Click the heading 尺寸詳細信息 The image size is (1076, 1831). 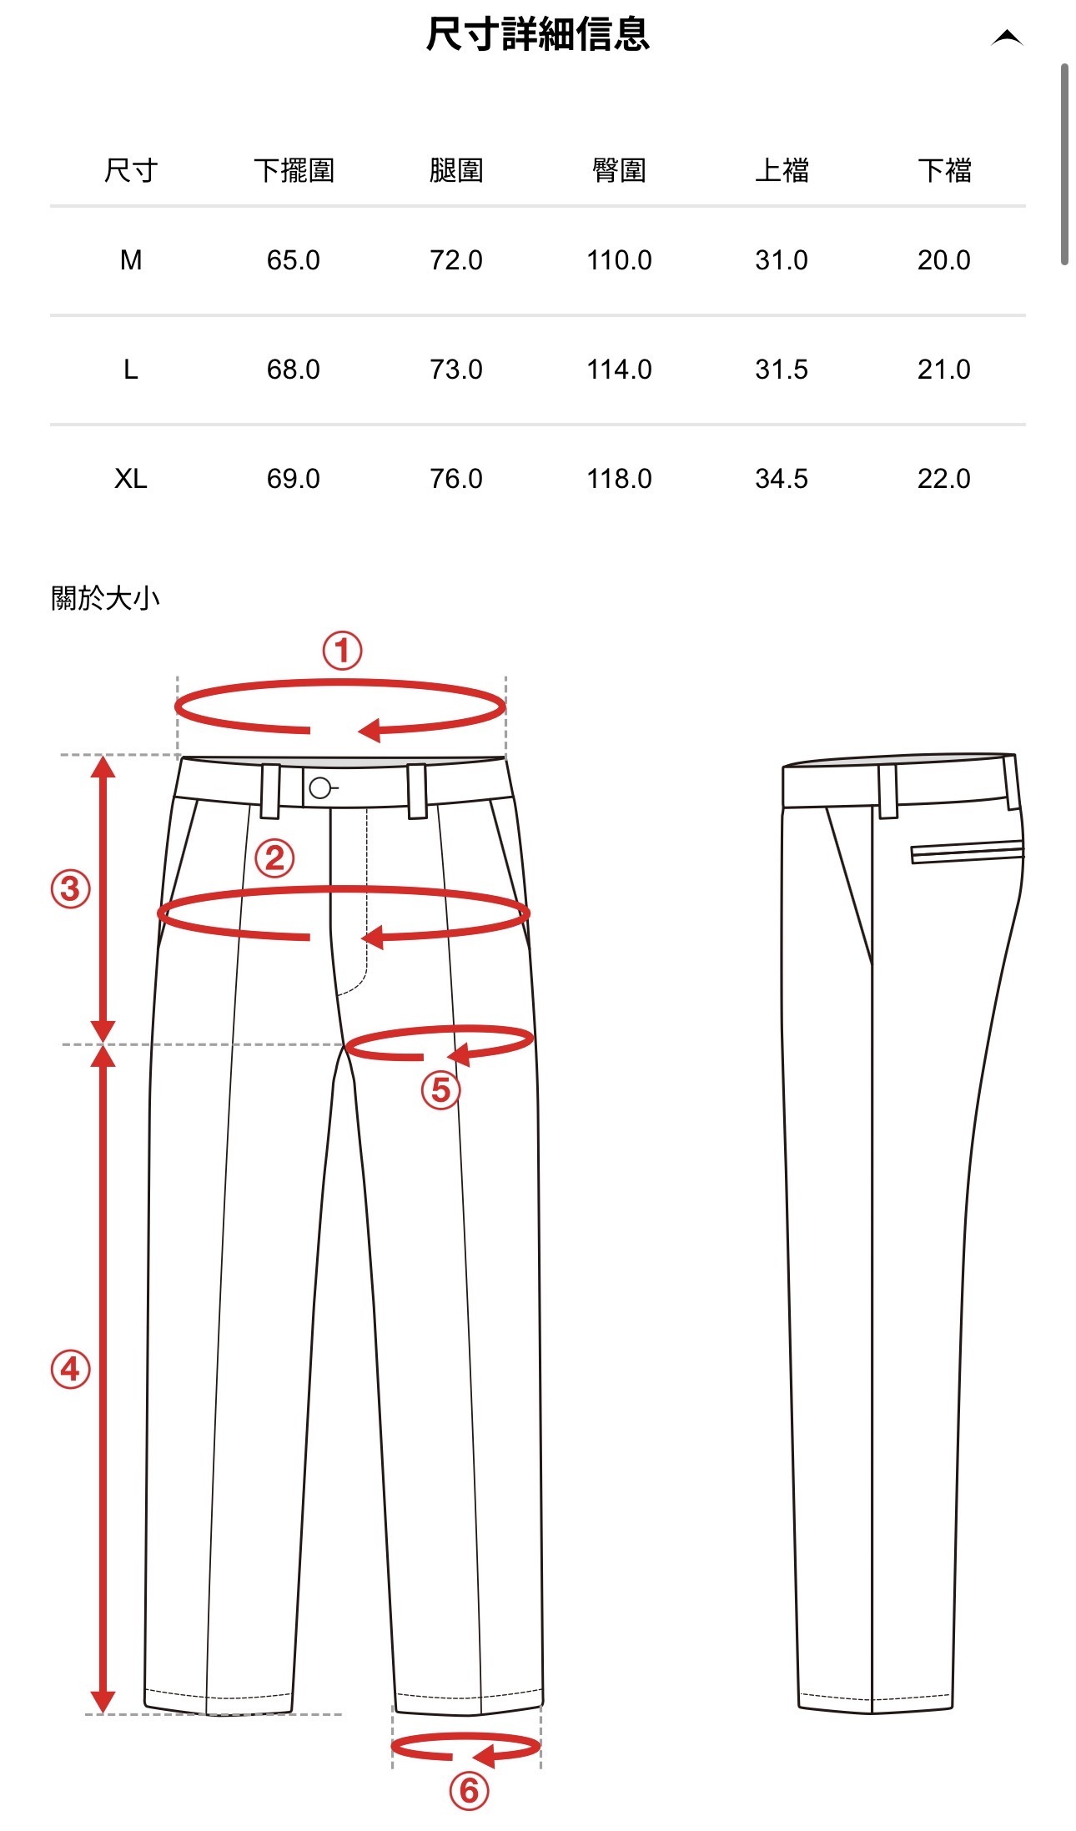(537, 35)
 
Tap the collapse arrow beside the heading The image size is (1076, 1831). (1007, 38)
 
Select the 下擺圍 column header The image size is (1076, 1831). (294, 170)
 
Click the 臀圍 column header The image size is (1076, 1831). (619, 170)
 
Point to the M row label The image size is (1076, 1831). (131, 260)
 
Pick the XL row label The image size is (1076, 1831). (131, 479)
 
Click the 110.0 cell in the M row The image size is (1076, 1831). (619, 260)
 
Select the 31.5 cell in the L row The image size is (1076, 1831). (782, 370)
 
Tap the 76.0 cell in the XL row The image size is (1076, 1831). (456, 479)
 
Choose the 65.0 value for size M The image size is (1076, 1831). (294, 260)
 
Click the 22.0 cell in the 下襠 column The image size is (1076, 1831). (944, 479)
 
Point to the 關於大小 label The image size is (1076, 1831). (105, 598)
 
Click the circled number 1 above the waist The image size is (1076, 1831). (343, 651)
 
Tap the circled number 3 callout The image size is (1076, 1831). (71, 888)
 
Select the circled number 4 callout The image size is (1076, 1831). (71, 1369)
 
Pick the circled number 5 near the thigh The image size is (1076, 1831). (440, 1089)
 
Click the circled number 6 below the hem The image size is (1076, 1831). (469, 1790)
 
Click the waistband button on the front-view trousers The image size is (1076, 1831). (319, 788)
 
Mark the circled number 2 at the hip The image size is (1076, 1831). (274, 858)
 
